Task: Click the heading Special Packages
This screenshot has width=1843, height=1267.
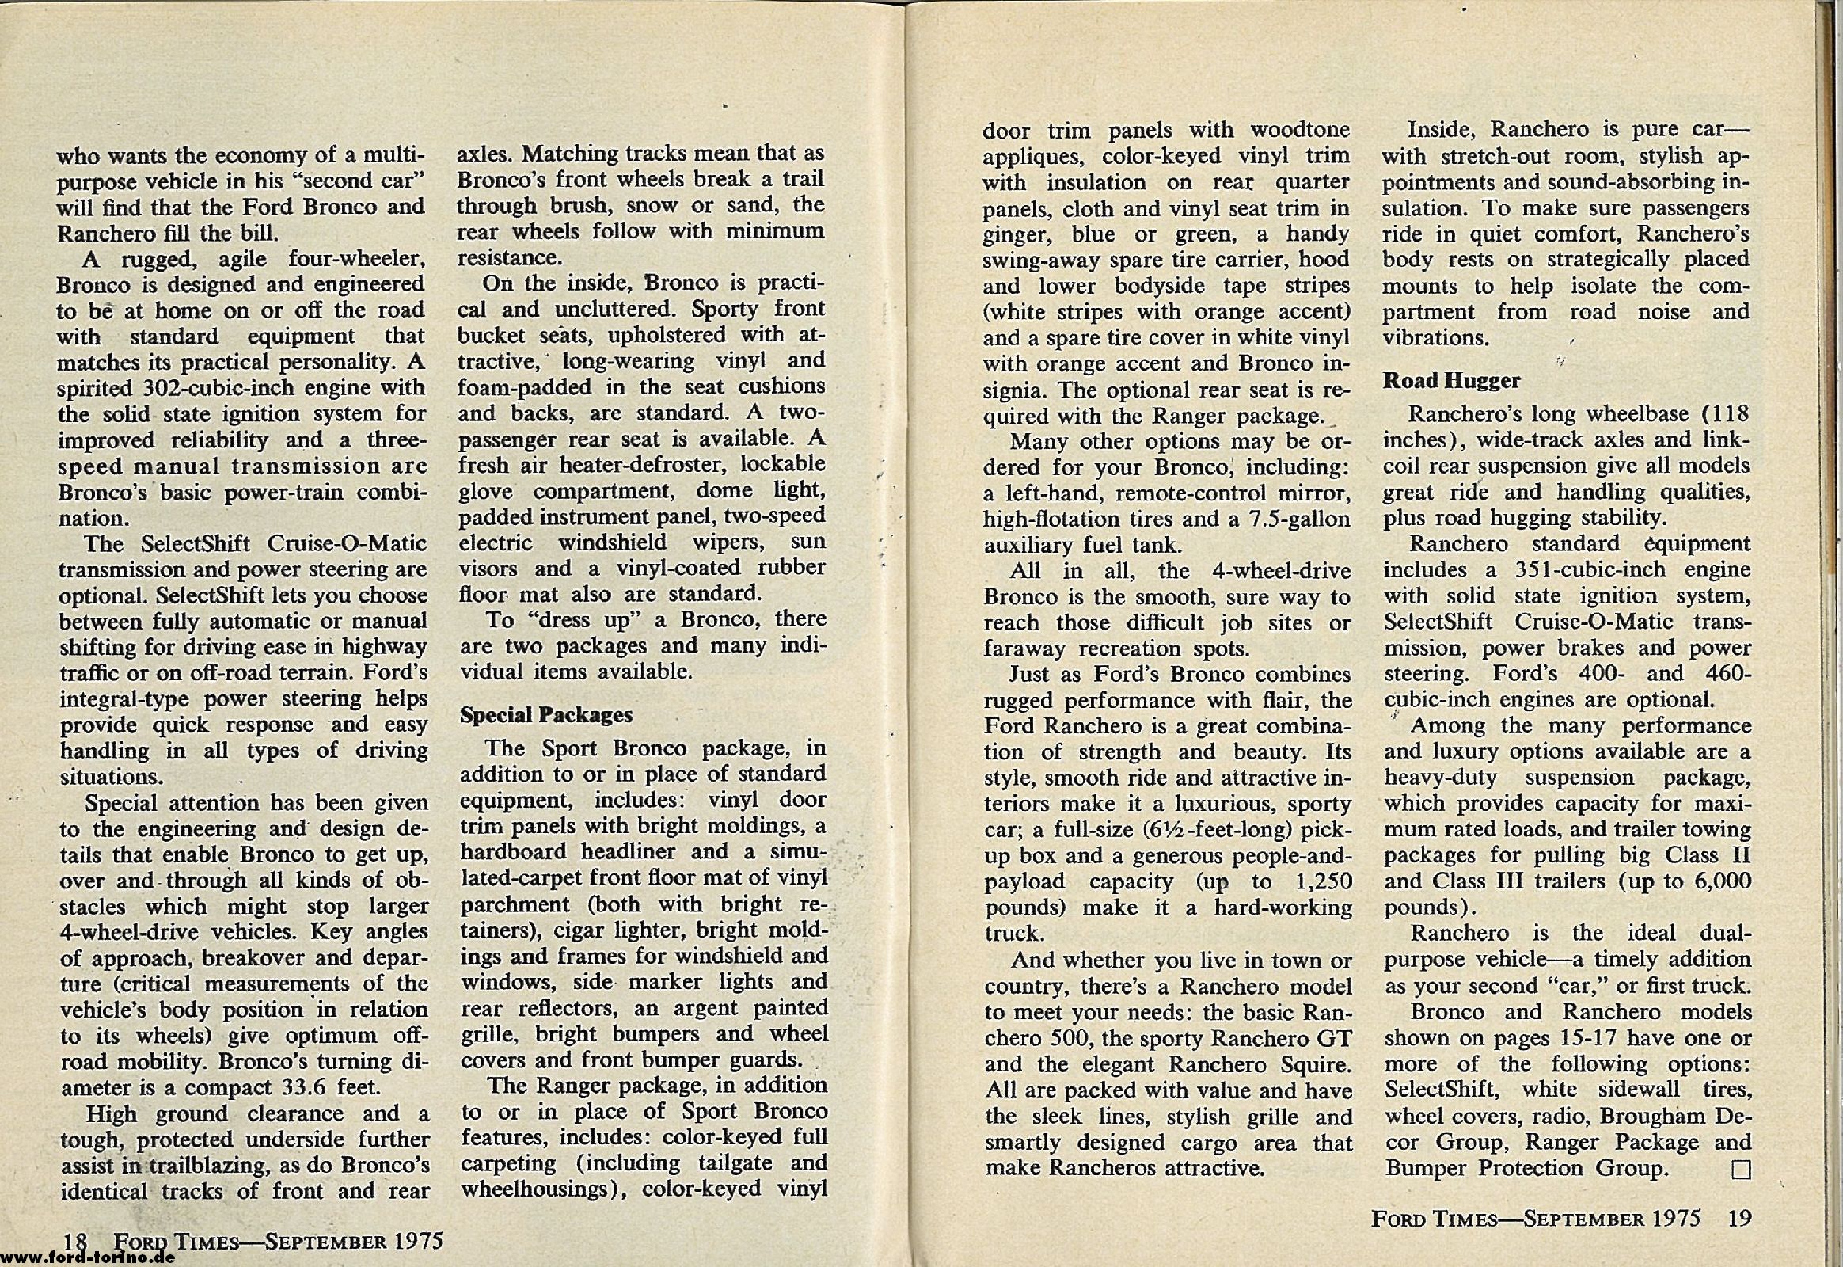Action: [546, 715]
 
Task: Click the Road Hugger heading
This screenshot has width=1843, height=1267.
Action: [1451, 381]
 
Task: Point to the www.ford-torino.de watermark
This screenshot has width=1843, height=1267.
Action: [86, 1257]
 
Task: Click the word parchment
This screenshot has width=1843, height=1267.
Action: [515, 904]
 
